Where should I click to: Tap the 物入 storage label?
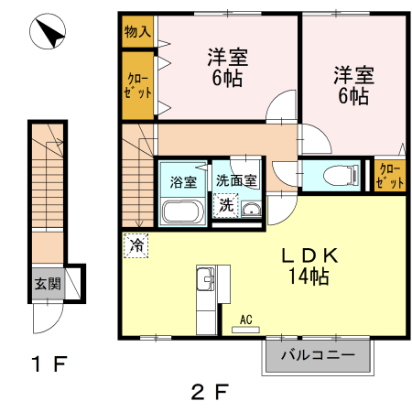point(137,31)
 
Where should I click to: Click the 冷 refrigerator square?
point(136,245)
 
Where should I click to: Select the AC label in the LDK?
point(245,319)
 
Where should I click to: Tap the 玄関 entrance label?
point(49,284)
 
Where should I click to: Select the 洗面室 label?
point(236,180)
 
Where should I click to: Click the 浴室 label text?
point(183,180)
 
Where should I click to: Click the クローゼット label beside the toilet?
point(390,175)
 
